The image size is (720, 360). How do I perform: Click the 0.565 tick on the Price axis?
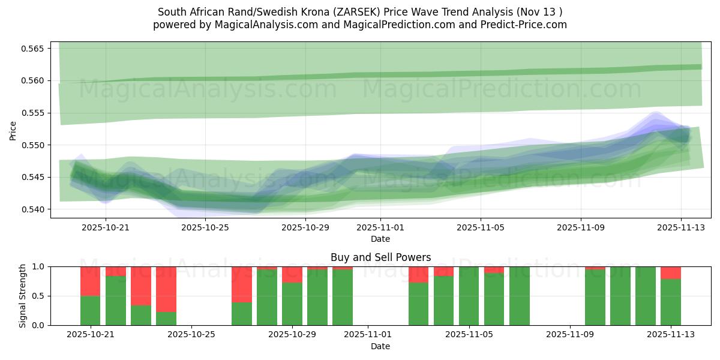(34, 48)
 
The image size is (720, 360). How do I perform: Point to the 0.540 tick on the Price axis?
(34, 209)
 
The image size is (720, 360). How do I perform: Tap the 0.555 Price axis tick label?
(34, 113)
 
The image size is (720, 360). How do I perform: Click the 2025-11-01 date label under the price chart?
(380, 227)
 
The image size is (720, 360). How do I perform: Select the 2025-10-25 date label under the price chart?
(205, 227)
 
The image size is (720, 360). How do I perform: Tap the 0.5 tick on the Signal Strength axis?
(38, 296)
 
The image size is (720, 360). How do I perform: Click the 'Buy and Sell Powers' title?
(380, 257)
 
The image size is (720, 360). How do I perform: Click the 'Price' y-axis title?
(13, 130)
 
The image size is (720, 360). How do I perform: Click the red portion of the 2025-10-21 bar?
(90, 281)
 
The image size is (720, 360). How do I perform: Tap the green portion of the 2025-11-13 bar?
(671, 302)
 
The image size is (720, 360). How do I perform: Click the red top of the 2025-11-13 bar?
(671, 272)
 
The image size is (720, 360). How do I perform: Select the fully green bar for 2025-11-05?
(469, 296)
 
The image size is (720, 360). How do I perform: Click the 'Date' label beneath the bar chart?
(380, 346)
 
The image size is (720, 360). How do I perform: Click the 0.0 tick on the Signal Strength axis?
(38, 325)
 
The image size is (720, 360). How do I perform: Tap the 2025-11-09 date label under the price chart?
(580, 227)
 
